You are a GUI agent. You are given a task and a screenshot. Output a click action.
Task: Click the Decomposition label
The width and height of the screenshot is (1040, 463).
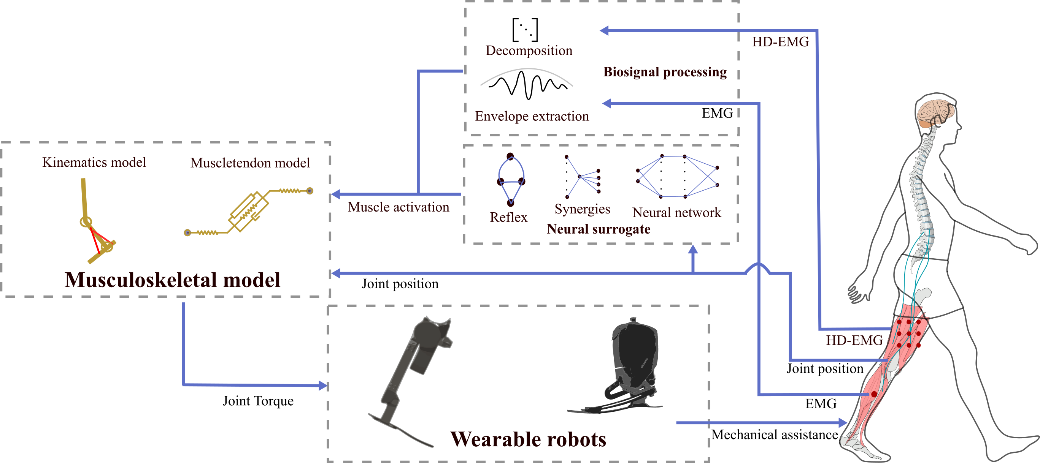click(x=529, y=51)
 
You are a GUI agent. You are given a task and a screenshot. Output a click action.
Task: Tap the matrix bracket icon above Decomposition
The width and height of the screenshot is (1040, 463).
click(x=525, y=30)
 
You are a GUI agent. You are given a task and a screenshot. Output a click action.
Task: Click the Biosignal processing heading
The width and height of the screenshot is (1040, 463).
click(x=665, y=72)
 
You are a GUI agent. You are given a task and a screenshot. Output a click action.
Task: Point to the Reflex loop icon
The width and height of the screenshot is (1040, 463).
click(x=511, y=180)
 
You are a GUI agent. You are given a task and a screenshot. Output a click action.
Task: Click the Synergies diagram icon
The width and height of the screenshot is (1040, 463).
click(x=582, y=177)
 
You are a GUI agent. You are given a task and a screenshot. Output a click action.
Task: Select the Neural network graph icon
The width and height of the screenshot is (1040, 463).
click(x=677, y=177)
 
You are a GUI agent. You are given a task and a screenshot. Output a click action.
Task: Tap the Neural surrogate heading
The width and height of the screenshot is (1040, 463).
click(x=598, y=229)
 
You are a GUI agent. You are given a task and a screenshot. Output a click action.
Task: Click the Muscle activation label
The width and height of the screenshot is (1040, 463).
click(x=398, y=207)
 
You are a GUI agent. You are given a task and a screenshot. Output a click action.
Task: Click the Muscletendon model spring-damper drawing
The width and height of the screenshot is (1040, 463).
click(x=249, y=211)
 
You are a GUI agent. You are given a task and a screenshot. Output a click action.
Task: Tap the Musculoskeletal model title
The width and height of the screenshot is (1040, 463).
click(x=172, y=280)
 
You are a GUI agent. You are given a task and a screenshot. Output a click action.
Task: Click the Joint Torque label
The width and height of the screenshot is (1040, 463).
click(x=258, y=401)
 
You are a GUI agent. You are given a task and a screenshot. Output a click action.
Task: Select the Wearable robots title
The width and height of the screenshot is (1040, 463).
click(x=528, y=439)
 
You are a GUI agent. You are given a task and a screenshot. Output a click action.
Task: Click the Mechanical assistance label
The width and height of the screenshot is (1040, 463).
click(x=774, y=435)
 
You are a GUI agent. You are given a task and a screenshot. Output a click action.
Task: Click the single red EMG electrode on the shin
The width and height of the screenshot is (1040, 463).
click(x=874, y=394)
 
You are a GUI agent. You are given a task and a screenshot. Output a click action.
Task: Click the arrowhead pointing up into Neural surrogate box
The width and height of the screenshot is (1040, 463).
click(x=693, y=249)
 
